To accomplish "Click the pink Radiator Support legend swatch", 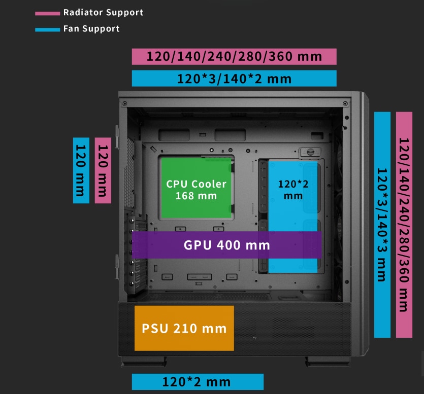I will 47,13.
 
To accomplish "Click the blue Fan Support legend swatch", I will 47,29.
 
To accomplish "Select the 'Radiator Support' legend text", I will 103,12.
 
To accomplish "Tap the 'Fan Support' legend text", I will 91,28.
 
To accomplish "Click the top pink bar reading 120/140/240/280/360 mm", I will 234,56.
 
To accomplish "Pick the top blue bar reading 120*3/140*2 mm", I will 234,78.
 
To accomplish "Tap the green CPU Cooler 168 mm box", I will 196,189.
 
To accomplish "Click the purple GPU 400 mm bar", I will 226,245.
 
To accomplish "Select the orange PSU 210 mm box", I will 184,328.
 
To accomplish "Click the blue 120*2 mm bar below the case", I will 197,382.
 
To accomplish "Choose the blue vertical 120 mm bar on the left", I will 81,170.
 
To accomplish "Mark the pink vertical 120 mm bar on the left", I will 103,170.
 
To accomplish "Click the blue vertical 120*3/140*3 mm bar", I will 382,224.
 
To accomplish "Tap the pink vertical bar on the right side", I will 404,224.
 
